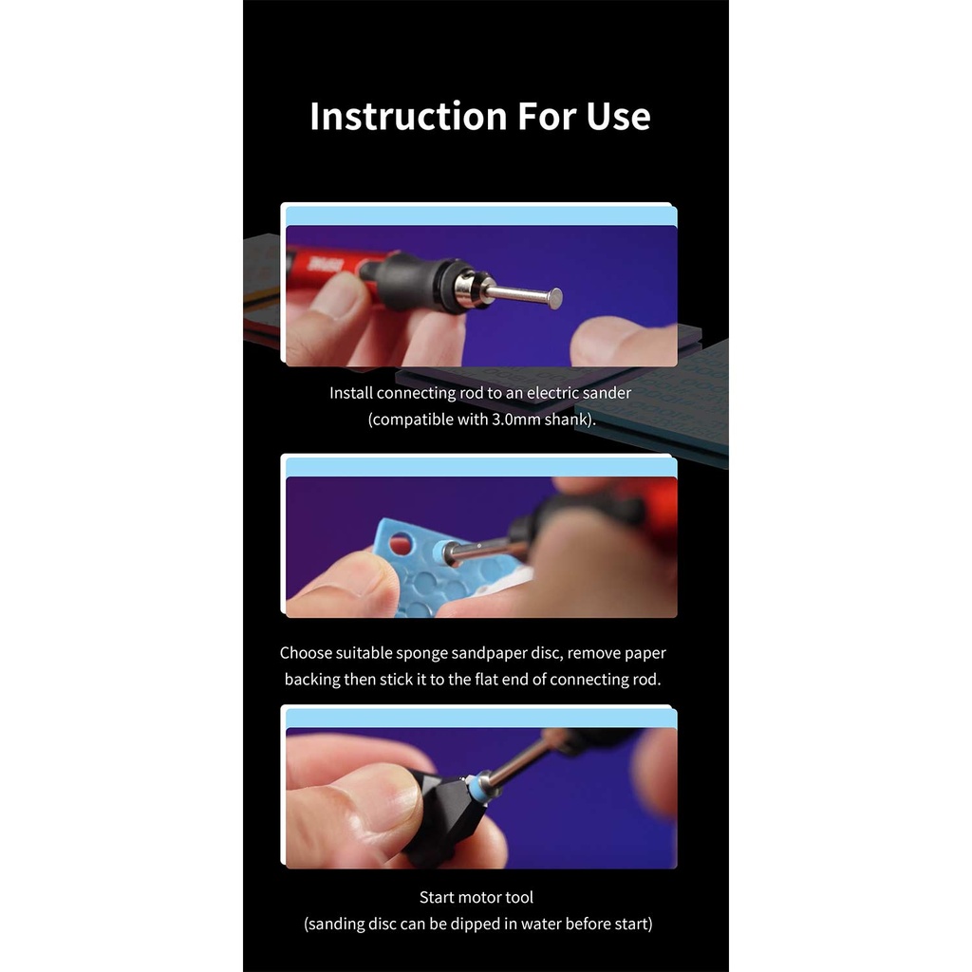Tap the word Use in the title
point(618,116)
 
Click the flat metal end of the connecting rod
point(556,299)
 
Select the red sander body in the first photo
point(328,267)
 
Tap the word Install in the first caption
point(351,393)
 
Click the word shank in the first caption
point(566,420)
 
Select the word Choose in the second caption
point(304,653)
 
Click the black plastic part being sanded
point(440,818)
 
